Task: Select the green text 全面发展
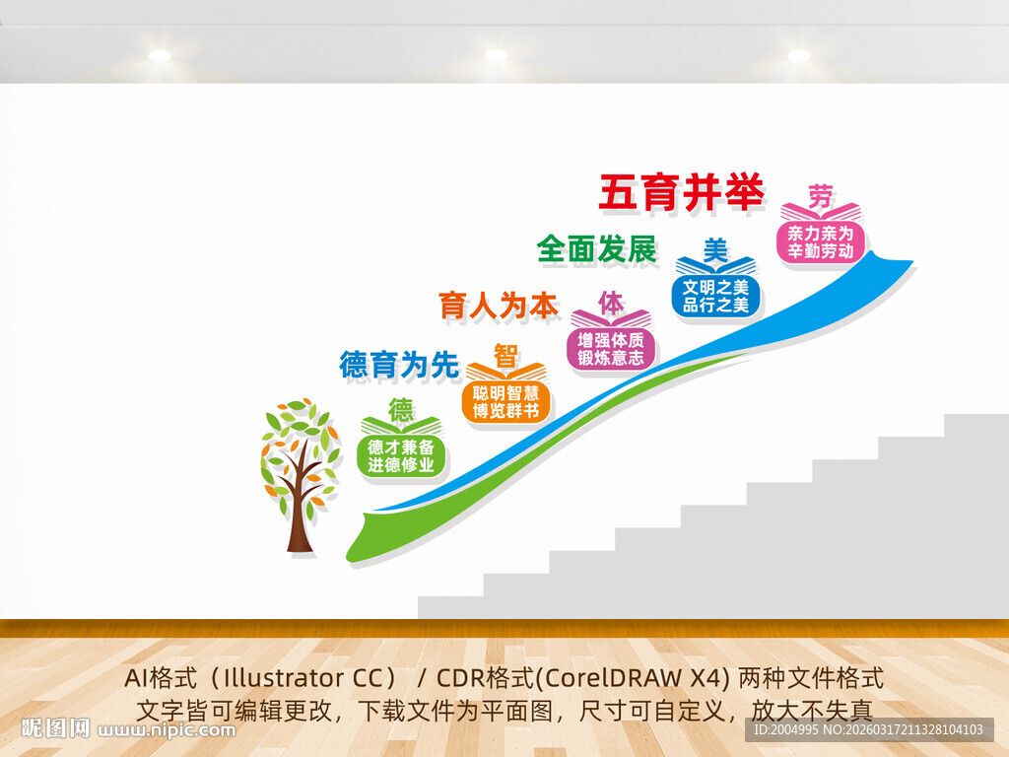click(x=597, y=249)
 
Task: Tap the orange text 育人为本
click(x=499, y=307)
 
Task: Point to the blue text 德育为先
click(x=399, y=365)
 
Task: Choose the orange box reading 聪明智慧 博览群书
click(x=505, y=402)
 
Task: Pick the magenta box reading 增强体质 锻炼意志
click(x=611, y=349)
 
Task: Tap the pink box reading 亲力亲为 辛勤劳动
click(x=821, y=242)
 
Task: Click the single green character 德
click(x=401, y=408)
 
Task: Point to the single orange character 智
click(x=505, y=355)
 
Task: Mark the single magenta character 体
click(x=611, y=302)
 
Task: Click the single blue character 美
click(x=715, y=248)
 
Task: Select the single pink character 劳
click(x=820, y=194)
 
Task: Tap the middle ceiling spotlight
click(x=496, y=56)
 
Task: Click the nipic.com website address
click(x=168, y=730)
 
